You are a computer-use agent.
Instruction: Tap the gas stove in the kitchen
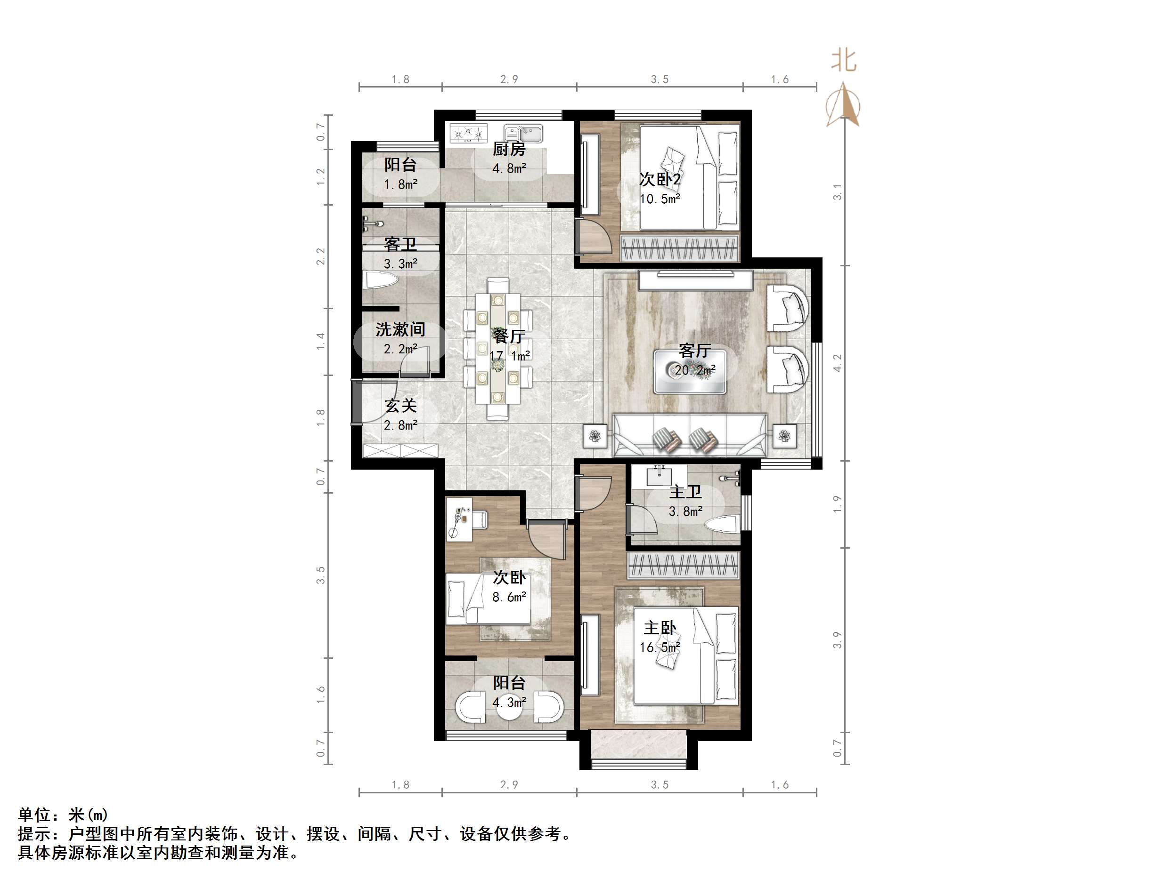click(468, 133)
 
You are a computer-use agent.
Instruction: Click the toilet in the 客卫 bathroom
click(381, 281)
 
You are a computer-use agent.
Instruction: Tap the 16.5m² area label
click(660, 647)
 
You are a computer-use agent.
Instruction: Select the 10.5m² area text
click(660, 199)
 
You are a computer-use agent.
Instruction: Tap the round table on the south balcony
click(509, 707)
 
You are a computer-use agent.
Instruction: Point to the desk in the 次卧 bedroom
click(459, 519)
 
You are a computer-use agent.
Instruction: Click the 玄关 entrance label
click(400, 406)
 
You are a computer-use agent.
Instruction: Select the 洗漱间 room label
click(400, 329)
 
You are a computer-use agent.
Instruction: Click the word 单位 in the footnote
click(35, 815)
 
